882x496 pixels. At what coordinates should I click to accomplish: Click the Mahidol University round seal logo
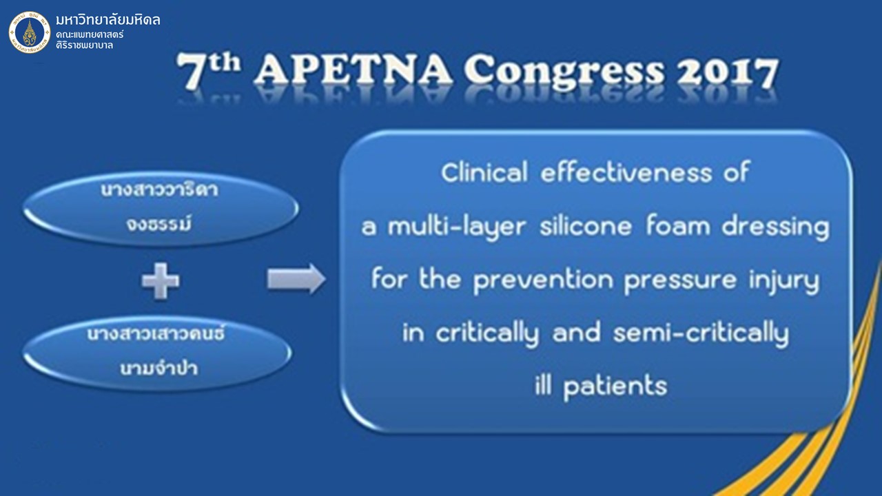[30, 32]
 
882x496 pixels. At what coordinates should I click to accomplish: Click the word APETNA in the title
[353, 70]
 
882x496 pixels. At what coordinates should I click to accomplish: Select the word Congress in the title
[564, 72]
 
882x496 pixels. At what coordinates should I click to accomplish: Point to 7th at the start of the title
[208, 70]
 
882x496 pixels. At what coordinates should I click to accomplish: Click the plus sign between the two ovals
[161, 281]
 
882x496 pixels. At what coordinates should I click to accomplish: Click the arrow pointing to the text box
[296, 279]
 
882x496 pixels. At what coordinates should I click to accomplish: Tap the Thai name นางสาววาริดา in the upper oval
[159, 189]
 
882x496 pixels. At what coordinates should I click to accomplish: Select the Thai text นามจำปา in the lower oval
[158, 368]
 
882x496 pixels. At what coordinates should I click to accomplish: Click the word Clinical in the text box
[484, 172]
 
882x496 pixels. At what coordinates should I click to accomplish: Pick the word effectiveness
[626, 172]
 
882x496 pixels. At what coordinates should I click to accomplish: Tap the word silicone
[586, 227]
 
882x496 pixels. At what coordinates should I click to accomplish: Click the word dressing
[775, 228]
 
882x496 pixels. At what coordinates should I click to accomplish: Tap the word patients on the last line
[615, 387]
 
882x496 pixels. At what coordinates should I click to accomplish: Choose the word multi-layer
[457, 228]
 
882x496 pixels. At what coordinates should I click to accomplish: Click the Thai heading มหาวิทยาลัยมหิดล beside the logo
[108, 20]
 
